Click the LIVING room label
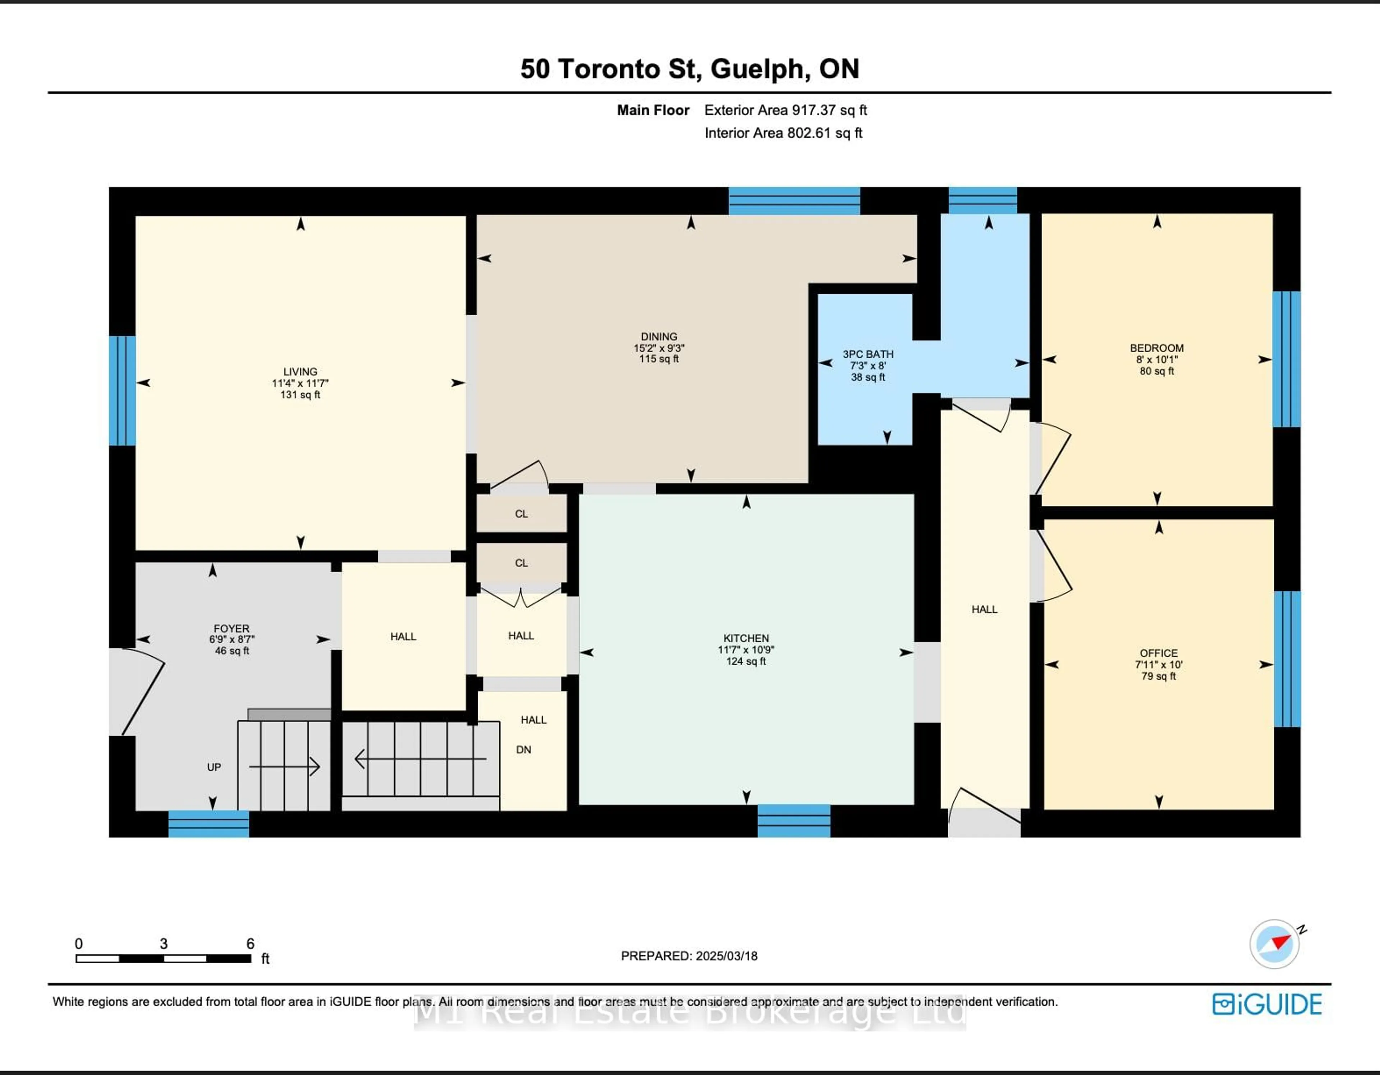click(x=300, y=372)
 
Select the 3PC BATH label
click(x=868, y=354)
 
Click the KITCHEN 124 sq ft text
click(x=746, y=661)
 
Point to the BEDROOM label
click(x=1156, y=348)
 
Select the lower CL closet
click(x=521, y=562)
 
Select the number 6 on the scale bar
click(x=250, y=943)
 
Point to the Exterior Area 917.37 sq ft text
click(x=785, y=110)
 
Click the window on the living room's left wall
click(x=122, y=391)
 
